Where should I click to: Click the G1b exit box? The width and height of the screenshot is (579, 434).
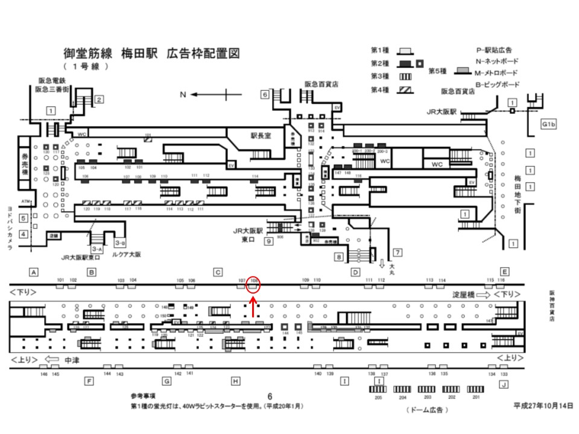[548, 124]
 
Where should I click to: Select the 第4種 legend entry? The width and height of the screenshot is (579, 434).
[392, 90]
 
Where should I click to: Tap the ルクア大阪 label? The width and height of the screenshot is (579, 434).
[125, 255]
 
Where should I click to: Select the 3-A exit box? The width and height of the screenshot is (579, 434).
[96, 248]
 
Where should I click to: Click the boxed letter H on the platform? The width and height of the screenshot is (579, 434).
[235, 381]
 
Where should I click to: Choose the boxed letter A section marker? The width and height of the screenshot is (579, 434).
[34, 272]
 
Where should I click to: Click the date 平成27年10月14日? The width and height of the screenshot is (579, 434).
[542, 406]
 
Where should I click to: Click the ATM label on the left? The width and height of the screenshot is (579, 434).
[25, 201]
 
